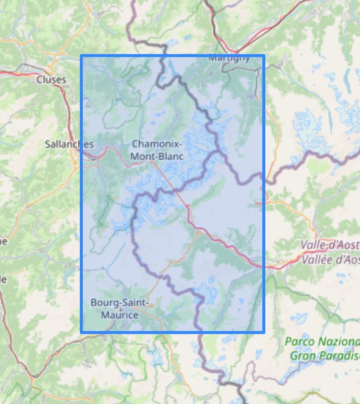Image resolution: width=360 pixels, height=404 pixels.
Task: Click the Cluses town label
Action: coord(51,79)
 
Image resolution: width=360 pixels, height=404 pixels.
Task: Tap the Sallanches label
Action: coord(69,144)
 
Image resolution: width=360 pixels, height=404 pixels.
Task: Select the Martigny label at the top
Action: coord(229,58)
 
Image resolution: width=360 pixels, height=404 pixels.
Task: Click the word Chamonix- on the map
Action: coord(157,144)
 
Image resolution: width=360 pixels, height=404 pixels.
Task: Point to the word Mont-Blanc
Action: coord(157,156)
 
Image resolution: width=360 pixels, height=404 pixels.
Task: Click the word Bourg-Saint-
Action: coord(120,302)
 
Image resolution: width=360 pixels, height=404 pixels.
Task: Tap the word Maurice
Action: coord(120,315)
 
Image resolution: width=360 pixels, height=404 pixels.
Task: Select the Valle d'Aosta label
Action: coord(330,245)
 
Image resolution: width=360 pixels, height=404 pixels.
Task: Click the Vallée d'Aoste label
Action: coord(330,259)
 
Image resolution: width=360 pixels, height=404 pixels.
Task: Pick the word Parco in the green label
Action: coord(300,342)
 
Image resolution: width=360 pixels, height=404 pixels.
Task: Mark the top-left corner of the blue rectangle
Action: coord(82,56)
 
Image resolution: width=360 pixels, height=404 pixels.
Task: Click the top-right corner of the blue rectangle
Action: coord(263,56)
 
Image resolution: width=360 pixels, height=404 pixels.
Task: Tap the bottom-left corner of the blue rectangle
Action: coord(82,332)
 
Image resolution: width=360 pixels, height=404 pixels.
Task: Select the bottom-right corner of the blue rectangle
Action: coord(263,332)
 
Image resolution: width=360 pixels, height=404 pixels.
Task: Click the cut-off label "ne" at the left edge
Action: coord(3,242)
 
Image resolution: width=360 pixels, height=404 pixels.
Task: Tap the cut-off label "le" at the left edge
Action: coord(3,279)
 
